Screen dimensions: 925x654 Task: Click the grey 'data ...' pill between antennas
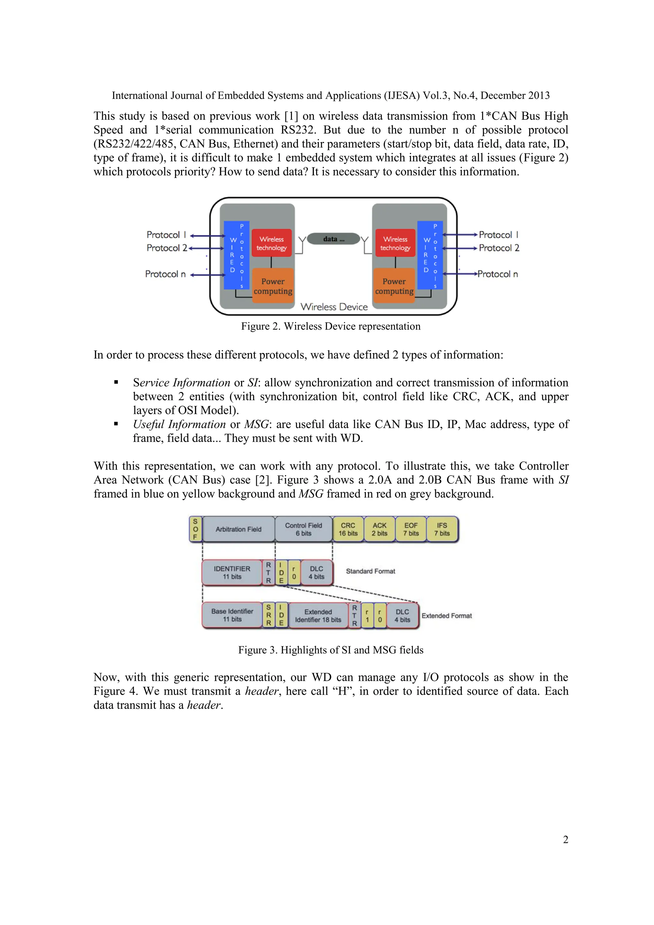pyautogui.click(x=333, y=239)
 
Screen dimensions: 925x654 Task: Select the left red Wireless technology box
pyautogui.click(x=271, y=243)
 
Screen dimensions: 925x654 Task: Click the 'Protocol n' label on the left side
pyautogui.click(x=165, y=274)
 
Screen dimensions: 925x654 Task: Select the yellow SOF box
pyautogui.click(x=195, y=529)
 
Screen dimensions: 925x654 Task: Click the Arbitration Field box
pyautogui.click(x=239, y=529)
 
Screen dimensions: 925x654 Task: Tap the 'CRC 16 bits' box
pyautogui.click(x=348, y=529)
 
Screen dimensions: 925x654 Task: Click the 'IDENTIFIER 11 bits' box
pyautogui.click(x=232, y=572)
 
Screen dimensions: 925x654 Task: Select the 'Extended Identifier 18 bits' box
pyautogui.click(x=318, y=615)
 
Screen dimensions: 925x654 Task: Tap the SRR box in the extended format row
pyautogui.click(x=269, y=615)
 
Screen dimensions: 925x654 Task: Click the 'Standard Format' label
pyautogui.click(x=370, y=571)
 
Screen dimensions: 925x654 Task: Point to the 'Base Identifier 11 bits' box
pyautogui.click(x=232, y=615)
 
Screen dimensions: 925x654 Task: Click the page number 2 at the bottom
pyautogui.click(x=566, y=839)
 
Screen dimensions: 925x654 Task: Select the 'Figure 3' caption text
pyautogui.click(x=331, y=650)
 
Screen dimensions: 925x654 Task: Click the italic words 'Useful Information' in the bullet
pyautogui.click(x=179, y=424)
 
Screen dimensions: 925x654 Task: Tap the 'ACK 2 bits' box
pyautogui.click(x=379, y=529)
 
